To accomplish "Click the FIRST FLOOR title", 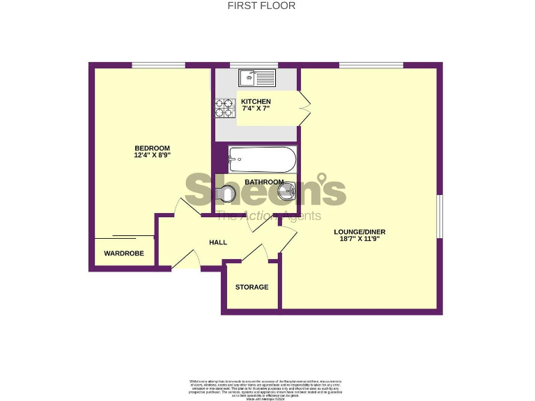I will (x=262, y=6).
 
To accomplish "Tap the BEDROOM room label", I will (x=152, y=148).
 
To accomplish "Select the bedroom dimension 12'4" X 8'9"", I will (x=152, y=156).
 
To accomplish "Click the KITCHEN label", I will (x=256, y=102).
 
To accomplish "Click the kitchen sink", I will (x=257, y=77).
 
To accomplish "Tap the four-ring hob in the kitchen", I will (x=224, y=108).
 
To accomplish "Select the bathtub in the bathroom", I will (x=262, y=159).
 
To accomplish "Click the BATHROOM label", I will (x=264, y=182).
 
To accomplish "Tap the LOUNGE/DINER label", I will (x=359, y=232).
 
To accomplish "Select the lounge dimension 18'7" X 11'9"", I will (x=359, y=239).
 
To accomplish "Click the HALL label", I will (x=218, y=242).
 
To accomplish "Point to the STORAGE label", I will (x=251, y=287).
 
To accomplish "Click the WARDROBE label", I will (x=124, y=253).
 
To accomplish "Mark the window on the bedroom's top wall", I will (x=158, y=65).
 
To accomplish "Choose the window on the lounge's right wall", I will (x=440, y=216).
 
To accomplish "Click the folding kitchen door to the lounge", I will (x=304, y=109).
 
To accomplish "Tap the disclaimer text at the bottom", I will (x=267, y=387).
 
